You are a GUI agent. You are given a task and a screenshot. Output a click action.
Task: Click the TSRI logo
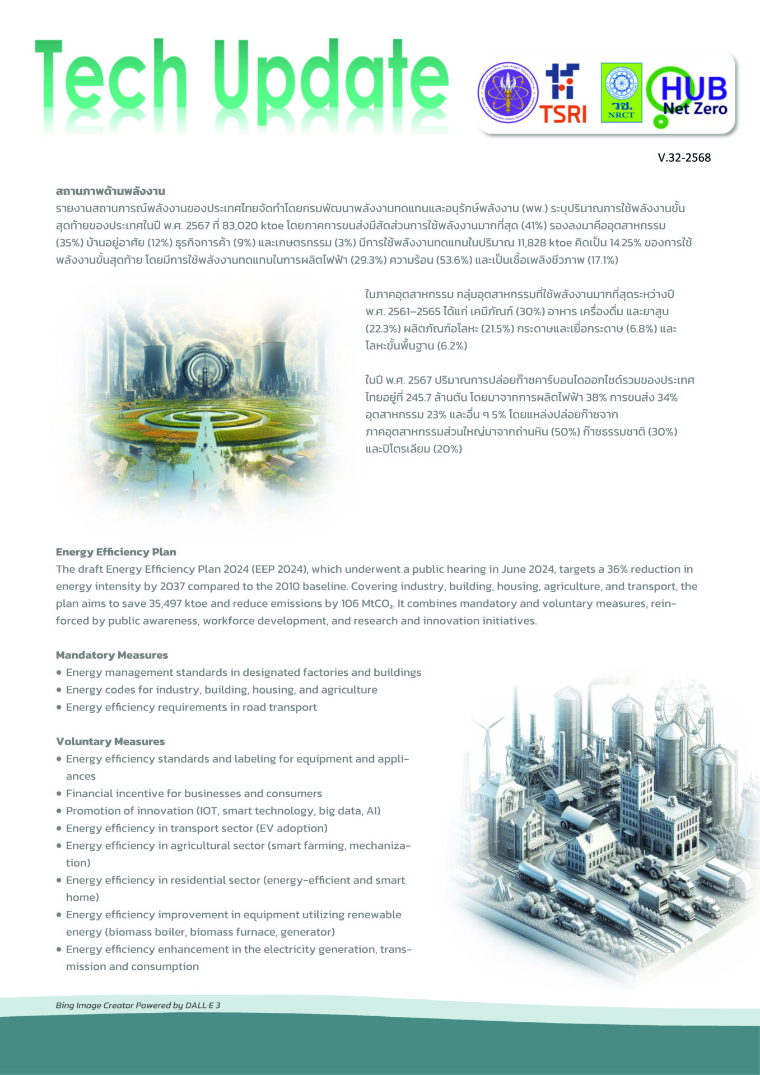563,94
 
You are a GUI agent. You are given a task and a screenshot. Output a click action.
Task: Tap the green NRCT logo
621,92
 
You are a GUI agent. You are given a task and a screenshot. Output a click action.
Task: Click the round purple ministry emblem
509,93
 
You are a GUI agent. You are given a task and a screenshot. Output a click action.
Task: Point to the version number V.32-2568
684,158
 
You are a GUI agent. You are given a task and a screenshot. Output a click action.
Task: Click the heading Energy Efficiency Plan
116,552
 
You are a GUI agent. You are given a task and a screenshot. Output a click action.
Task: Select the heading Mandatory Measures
112,655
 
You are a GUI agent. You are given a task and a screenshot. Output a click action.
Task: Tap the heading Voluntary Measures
110,741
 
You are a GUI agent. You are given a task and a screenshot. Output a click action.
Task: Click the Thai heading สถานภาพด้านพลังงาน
110,191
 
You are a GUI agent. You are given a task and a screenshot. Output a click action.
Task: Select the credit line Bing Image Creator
138,1005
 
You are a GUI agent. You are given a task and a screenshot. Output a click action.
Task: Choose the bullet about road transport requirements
191,707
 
